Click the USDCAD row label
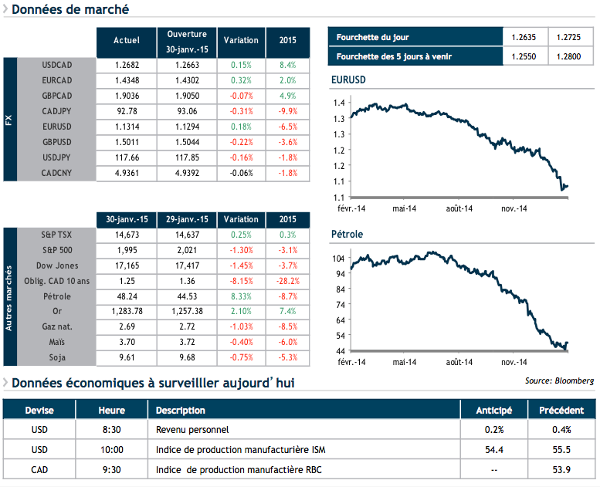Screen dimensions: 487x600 [57, 64]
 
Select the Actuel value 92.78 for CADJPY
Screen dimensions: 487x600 [126, 111]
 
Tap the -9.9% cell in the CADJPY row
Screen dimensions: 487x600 [287, 111]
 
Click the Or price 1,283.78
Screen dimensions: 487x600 [126, 310]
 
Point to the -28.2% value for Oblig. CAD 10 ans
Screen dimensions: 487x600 [287, 281]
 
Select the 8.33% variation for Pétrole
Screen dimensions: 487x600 [240, 296]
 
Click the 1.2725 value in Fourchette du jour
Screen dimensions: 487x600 [569, 37]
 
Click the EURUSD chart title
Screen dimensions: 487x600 [347, 80]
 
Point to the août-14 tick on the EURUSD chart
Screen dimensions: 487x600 [459, 208]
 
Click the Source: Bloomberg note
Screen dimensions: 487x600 [559, 380]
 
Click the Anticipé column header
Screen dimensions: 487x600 [494, 411]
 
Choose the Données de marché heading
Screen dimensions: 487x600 [69, 10]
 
